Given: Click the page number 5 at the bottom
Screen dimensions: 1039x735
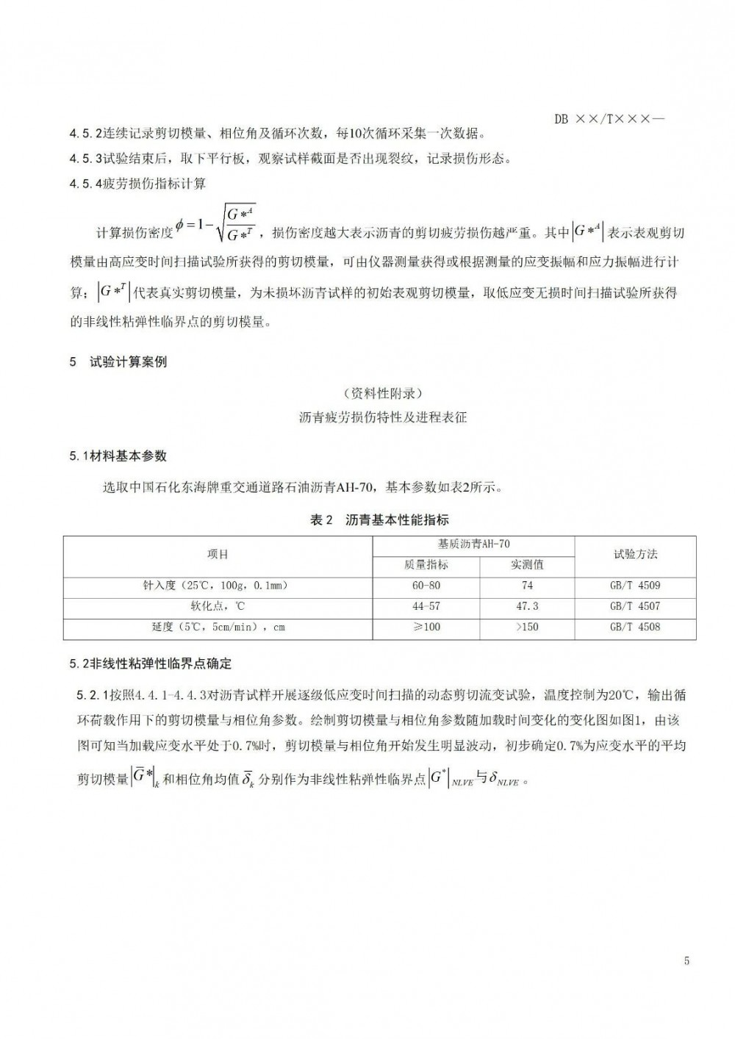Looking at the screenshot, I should point(686,960).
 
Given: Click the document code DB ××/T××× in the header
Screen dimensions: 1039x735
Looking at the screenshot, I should point(609,119).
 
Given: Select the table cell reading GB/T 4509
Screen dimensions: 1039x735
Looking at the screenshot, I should point(635,586).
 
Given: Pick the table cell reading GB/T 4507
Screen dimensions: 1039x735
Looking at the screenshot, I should point(635,606).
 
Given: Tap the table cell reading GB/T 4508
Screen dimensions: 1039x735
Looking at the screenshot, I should point(635,627).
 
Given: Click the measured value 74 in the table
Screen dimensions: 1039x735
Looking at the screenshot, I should point(527,586).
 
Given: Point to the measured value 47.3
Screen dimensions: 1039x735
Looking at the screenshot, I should point(527,606).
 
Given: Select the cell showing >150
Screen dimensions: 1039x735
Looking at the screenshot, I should point(527,627).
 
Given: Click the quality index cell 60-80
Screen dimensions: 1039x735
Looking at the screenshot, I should point(426,586).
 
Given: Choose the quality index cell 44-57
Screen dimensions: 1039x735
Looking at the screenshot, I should point(426,606).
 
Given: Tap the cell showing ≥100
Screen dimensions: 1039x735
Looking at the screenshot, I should point(426,627).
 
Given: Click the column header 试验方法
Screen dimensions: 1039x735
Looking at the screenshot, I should point(635,554).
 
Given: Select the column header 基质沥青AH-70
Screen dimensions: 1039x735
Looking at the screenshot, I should point(473,544).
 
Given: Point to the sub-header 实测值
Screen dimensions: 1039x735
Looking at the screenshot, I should point(527,564).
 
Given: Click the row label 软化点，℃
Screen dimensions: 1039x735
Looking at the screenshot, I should point(218,606).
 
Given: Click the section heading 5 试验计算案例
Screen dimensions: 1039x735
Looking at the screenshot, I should point(118,362).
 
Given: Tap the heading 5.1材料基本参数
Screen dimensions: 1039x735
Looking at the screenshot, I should point(118,456).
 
